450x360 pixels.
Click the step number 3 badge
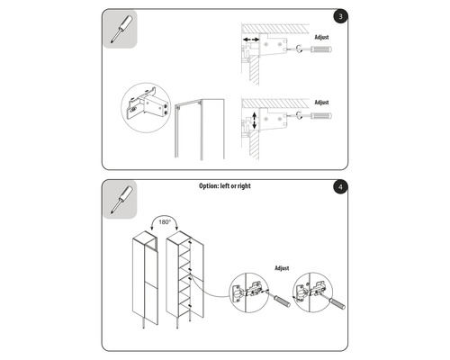point(337,17)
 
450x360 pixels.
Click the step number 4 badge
point(337,187)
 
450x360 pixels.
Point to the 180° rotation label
point(165,219)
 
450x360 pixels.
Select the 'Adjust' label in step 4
point(281,266)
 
